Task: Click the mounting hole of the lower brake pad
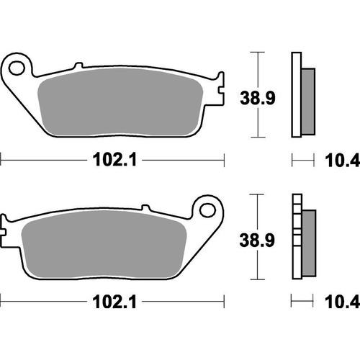point(209,210)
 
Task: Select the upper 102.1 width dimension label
point(113,162)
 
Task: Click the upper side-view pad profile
point(296,94)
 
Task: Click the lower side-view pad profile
point(296,236)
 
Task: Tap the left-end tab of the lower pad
point(6,230)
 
